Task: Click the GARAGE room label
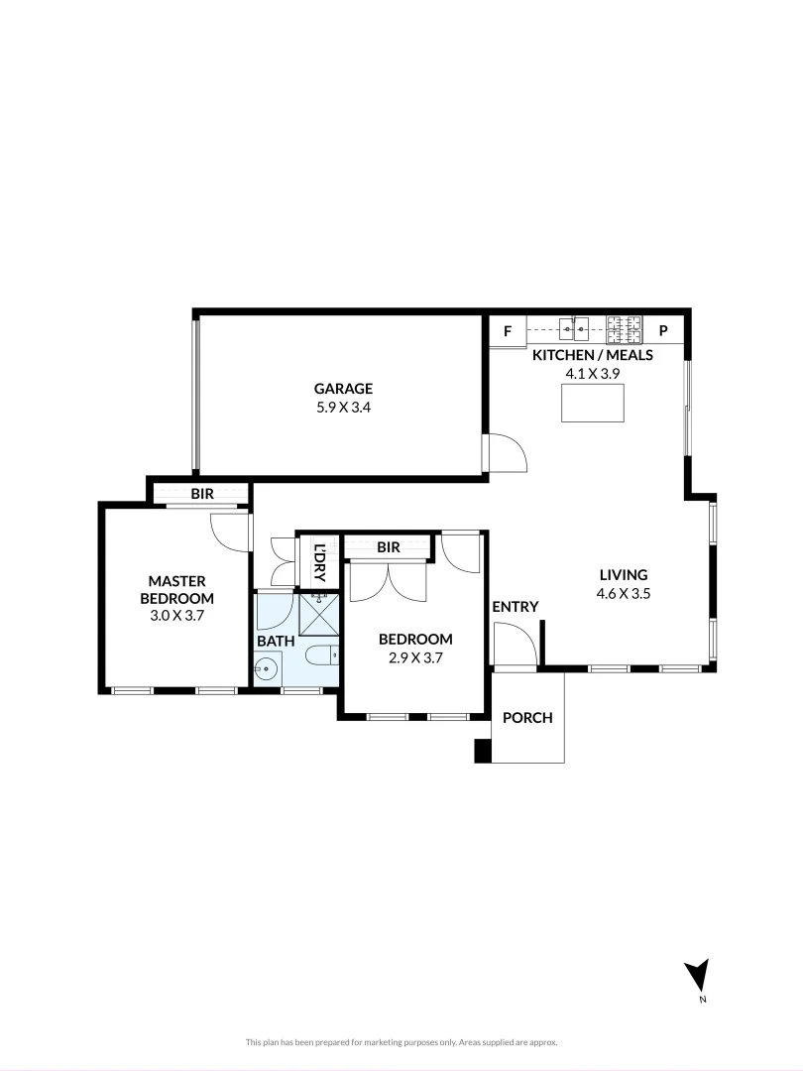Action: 343,389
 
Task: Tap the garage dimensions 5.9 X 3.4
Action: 343,407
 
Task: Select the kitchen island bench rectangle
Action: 592,403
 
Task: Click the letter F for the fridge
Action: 508,331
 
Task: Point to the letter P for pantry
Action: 663,331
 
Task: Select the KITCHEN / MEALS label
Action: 593,355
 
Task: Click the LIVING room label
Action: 623,574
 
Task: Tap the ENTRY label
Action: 515,607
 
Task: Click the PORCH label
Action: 526,718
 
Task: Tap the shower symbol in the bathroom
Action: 318,614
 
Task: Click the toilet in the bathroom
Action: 322,656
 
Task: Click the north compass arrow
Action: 698,975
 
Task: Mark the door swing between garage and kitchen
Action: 508,453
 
